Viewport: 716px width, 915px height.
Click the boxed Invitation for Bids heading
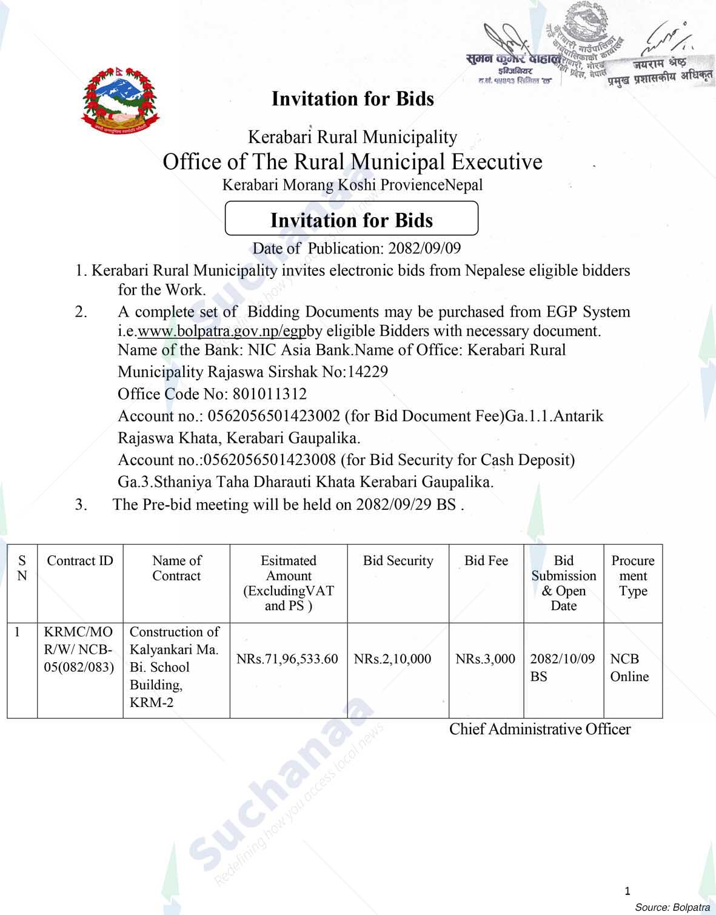point(351,220)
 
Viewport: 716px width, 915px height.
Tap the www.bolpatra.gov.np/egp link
point(222,331)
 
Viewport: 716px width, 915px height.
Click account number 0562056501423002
point(273,417)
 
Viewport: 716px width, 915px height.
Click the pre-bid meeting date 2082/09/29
point(394,504)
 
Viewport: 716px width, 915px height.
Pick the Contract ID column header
point(80,561)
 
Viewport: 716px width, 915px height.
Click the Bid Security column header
point(398,561)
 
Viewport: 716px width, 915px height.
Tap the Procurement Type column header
point(632,576)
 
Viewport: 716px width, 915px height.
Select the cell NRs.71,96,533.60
point(287,659)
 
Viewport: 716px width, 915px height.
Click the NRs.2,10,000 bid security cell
point(393,659)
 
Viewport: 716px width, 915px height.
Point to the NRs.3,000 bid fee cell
point(485,659)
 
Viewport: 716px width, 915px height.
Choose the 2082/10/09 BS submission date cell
point(562,667)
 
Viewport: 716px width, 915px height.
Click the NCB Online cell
point(629,668)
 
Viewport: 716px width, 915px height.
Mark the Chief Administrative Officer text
point(540,729)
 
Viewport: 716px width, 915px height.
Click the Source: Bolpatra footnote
point(672,907)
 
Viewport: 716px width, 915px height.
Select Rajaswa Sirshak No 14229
point(253,372)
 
